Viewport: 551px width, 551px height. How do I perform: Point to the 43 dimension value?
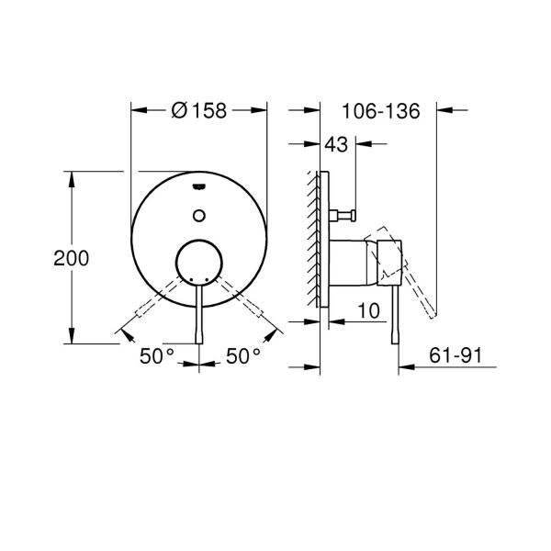coord(336,145)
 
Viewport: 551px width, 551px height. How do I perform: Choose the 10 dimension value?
coord(369,312)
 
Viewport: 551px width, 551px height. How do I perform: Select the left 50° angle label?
coord(157,356)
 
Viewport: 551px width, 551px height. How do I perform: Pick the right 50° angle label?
coord(244,356)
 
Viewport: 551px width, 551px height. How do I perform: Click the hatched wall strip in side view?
coord(315,239)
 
